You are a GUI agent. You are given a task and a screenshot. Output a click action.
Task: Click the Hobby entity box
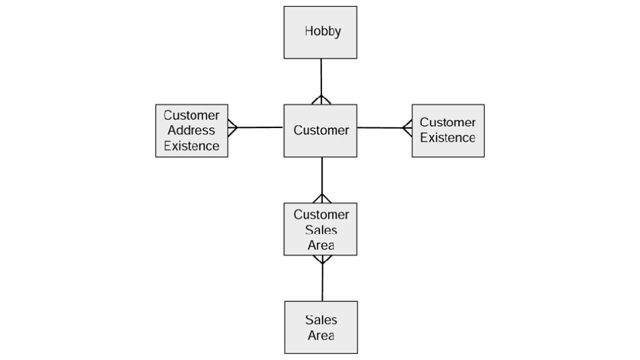(321, 32)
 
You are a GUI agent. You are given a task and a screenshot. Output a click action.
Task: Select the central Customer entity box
(321, 131)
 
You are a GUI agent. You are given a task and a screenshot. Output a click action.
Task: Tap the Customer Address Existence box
(191, 131)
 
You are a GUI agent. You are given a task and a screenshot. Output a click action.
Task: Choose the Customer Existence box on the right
(448, 131)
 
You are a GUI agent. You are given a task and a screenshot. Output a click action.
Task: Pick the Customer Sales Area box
(321, 229)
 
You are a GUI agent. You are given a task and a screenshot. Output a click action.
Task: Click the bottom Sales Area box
(321, 327)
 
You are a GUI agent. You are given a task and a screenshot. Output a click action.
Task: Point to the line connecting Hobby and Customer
(321, 77)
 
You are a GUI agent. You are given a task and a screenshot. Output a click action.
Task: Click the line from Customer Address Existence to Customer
(260, 127)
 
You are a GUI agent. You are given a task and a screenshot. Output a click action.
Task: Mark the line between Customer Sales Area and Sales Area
(323, 283)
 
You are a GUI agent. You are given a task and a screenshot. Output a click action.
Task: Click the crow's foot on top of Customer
(321, 100)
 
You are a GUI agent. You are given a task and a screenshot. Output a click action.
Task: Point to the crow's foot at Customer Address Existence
(233, 127)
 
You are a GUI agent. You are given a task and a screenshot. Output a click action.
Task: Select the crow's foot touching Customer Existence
(407, 127)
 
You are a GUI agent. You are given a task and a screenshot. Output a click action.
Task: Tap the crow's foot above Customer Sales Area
(322, 199)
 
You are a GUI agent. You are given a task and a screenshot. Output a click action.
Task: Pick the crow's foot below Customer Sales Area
(322, 259)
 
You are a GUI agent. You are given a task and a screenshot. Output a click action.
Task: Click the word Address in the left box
(191, 131)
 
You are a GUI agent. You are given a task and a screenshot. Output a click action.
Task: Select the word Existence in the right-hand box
(448, 138)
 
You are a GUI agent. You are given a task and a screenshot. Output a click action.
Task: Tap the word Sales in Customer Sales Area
(321, 230)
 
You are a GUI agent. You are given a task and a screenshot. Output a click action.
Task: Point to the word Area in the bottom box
(321, 335)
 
